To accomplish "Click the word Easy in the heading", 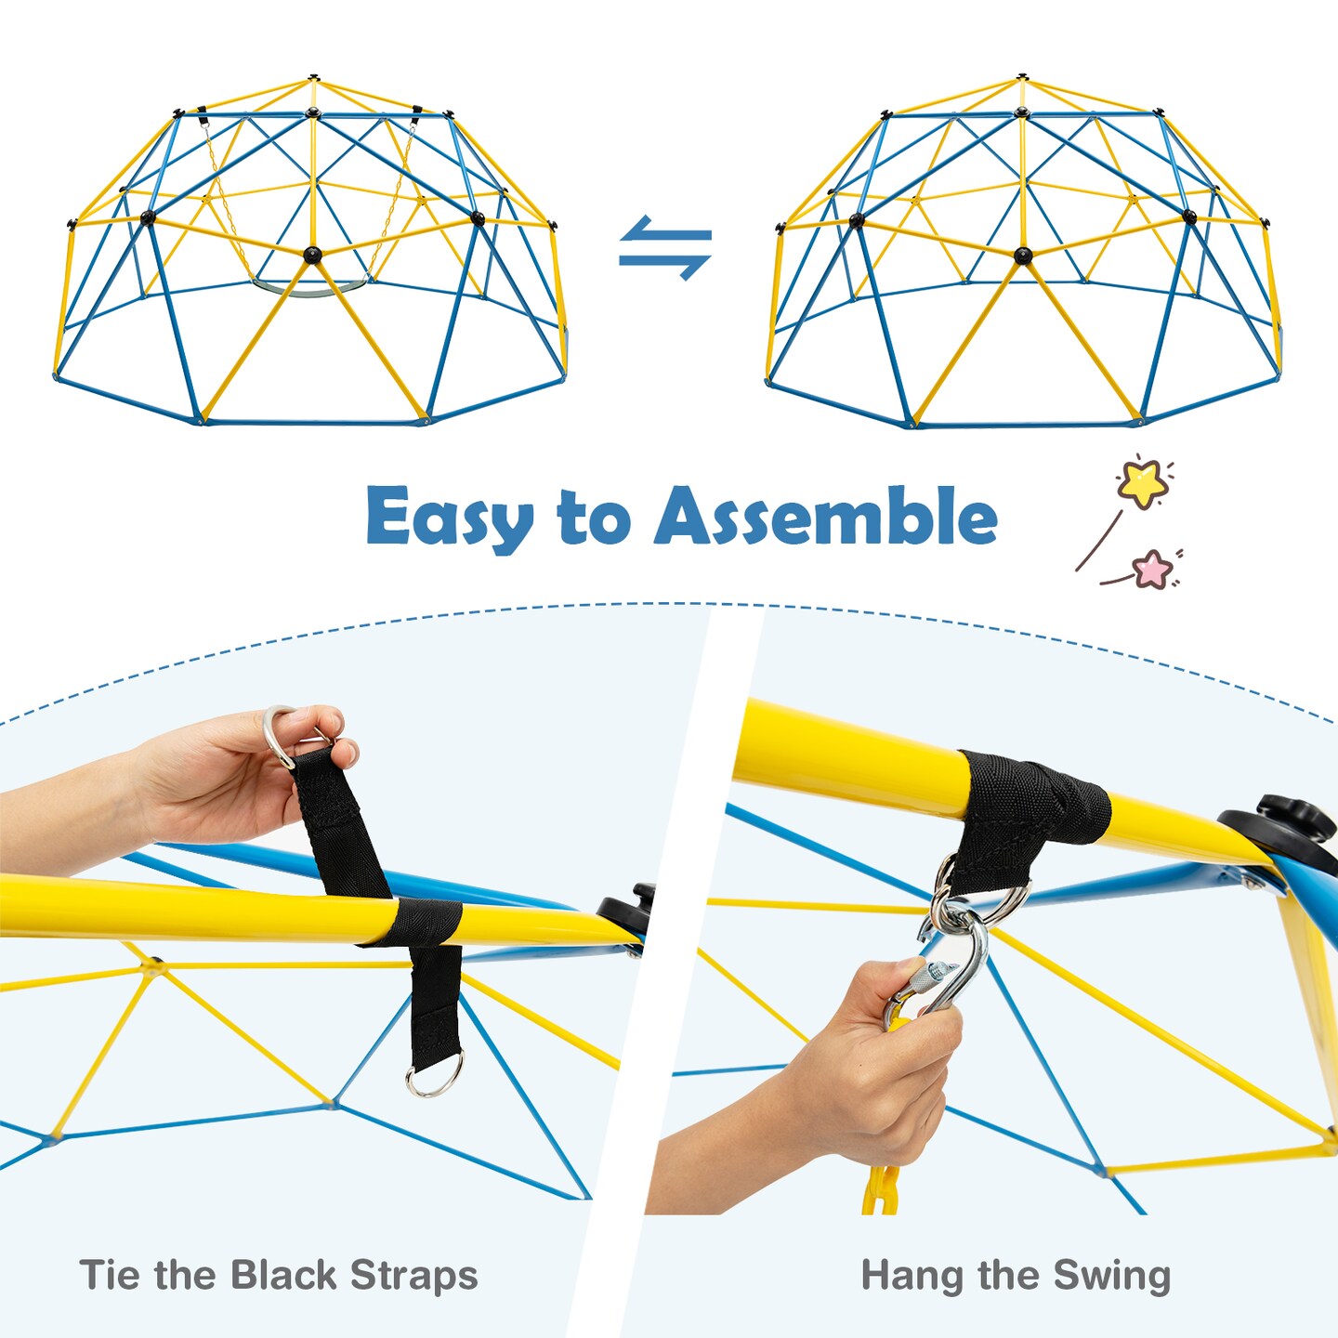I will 449,518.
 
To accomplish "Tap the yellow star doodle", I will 1143,481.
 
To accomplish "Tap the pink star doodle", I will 1153,569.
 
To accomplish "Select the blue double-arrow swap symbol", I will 665,248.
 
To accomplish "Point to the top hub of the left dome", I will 314,78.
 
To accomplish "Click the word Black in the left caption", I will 284,1275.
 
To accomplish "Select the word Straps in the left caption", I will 414,1276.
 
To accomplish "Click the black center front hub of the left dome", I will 312,254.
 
